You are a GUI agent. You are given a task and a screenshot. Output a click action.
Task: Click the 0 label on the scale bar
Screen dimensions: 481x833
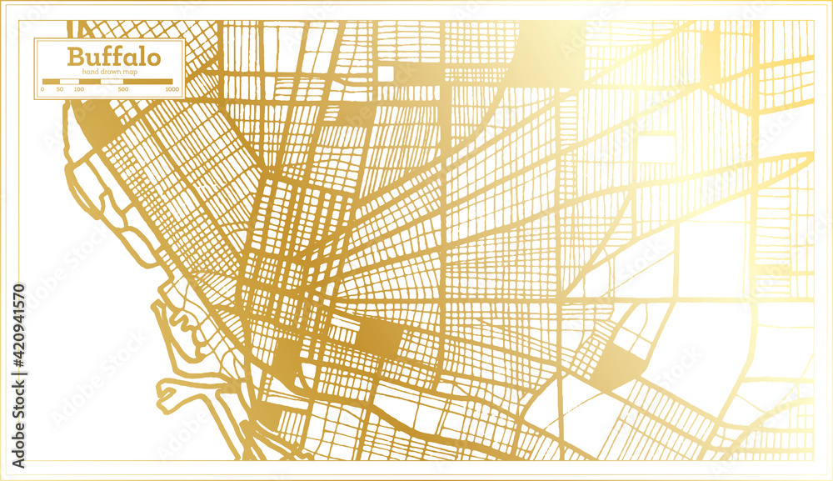(43, 88)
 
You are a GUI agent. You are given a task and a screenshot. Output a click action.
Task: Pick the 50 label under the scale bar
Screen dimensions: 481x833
(60, 88)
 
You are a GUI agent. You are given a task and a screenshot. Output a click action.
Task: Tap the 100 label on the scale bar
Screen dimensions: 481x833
(78, 88)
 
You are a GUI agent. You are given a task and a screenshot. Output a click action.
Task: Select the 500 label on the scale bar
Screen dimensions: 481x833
(123, 88)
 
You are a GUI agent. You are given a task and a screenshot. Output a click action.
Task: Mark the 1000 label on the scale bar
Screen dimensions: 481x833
(172, 88)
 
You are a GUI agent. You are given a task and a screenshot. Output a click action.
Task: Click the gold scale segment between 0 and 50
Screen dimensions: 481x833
(51, 81)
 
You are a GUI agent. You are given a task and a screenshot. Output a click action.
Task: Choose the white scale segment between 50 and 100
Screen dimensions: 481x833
(68, 81)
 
